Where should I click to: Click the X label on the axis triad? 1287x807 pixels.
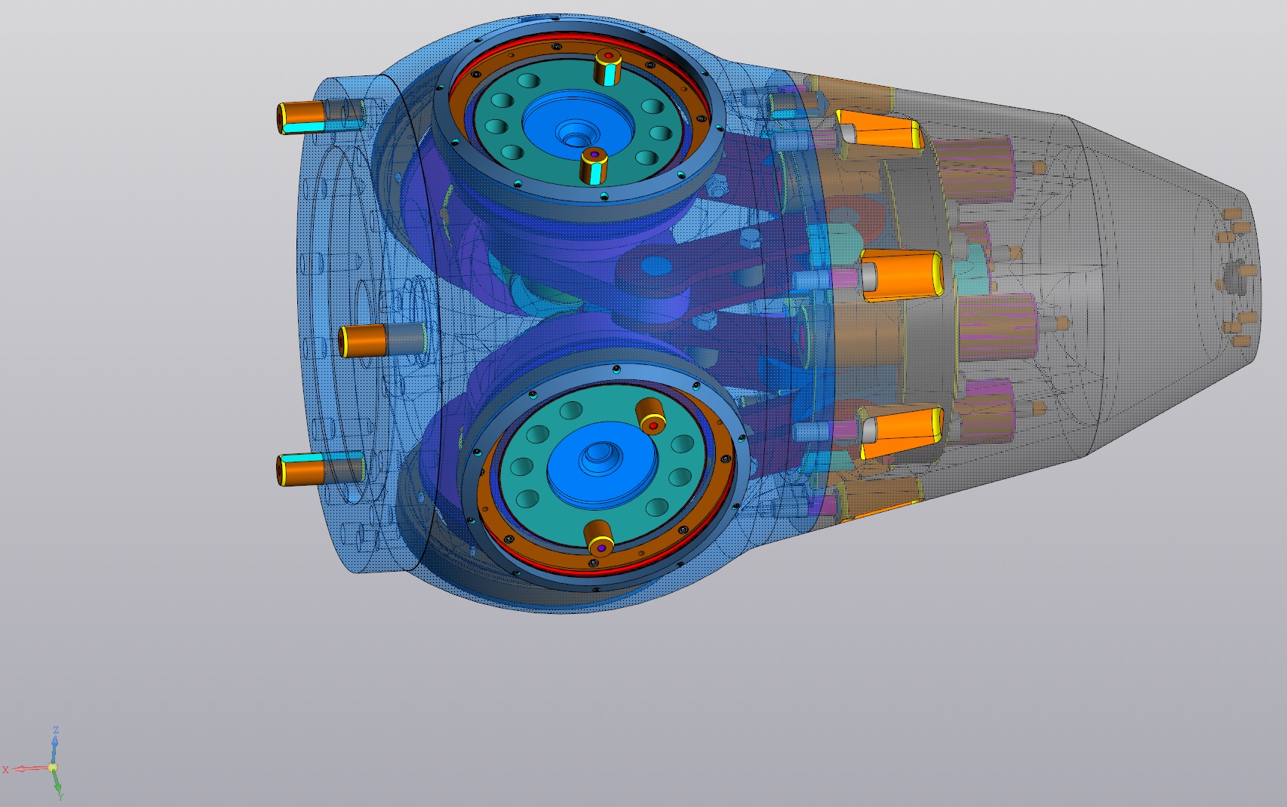pos(6,769)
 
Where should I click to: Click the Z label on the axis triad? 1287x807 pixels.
pos(56,730)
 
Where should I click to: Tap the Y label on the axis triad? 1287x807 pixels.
pos(60,796)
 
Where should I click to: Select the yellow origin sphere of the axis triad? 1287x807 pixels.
pos(53,767)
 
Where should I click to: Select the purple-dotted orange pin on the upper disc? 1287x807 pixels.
pos(594,165)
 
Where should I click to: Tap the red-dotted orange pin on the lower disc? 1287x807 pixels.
pos(651,416)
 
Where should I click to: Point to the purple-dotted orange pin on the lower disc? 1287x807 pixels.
pos(599,539)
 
